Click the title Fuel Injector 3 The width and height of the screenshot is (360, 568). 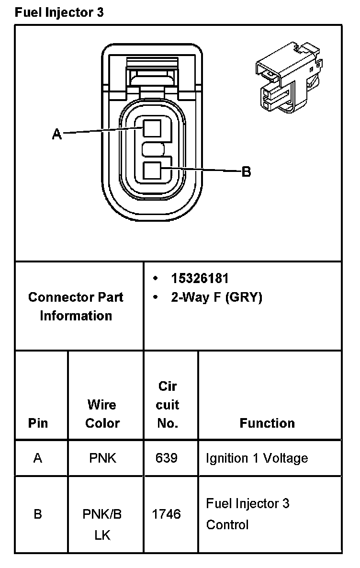(x=59, y=12)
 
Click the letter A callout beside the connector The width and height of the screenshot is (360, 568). (x=57, y=135)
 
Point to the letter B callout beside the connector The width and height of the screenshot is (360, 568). (x=246, y=171)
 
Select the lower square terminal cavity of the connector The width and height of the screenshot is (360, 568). (x=152, y=171)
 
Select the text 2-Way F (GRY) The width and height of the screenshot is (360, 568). (x=216, y=297)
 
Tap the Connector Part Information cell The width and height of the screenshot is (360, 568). (x=76, y=307)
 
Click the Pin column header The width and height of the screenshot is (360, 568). (x=38, y=423)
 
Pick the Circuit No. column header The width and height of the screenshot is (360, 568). (x=168, y=405)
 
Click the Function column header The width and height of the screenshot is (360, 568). (x=267, y=423)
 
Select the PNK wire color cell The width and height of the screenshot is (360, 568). (x=102, y=458)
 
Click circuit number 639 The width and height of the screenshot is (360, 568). (x=167, y=458)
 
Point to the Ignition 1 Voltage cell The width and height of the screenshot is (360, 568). (x=257, y=458)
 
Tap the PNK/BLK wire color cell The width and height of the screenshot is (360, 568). (x=102, y=524)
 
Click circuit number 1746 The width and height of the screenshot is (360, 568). (x=167, y=514)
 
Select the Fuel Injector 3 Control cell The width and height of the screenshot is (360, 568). (x=247, y=514)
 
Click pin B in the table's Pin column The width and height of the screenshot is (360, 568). (x=38, y=514)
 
